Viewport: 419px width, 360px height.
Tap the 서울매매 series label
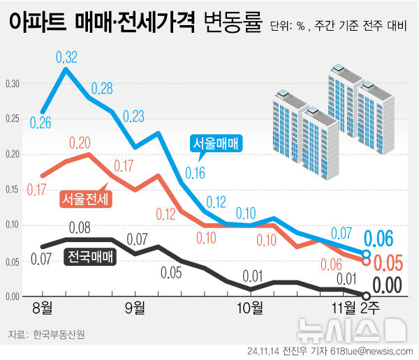coord(216,144)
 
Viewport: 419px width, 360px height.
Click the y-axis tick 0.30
coord(13,84)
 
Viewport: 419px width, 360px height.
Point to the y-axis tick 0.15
coord(13,190)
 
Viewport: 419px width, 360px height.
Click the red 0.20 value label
coord(80,143)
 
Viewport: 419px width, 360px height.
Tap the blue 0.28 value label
coord(102,89)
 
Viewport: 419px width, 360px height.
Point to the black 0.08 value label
coord(80,227)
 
